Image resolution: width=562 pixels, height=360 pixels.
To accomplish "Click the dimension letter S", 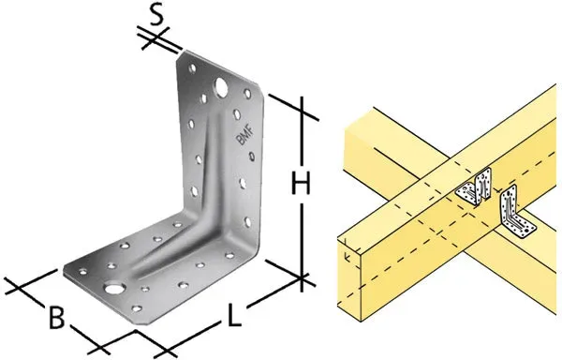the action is tap(156, 15).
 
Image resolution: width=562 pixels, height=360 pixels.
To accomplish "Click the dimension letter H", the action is tap(302, 183).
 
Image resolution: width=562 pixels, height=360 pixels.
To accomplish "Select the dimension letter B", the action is tap(57, 317).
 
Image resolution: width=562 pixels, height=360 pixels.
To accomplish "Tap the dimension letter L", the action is tap(234, 314).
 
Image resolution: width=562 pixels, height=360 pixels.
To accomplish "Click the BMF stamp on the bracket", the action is tap(244, 135).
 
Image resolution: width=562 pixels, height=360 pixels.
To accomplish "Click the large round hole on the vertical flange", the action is tap(221, 87).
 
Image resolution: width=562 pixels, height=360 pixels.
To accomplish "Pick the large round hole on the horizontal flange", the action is tap(114, 288).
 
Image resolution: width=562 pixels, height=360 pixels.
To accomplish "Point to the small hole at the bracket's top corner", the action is tap(192, 68).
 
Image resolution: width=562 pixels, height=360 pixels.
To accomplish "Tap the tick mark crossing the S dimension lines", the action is tap(155, 38).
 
